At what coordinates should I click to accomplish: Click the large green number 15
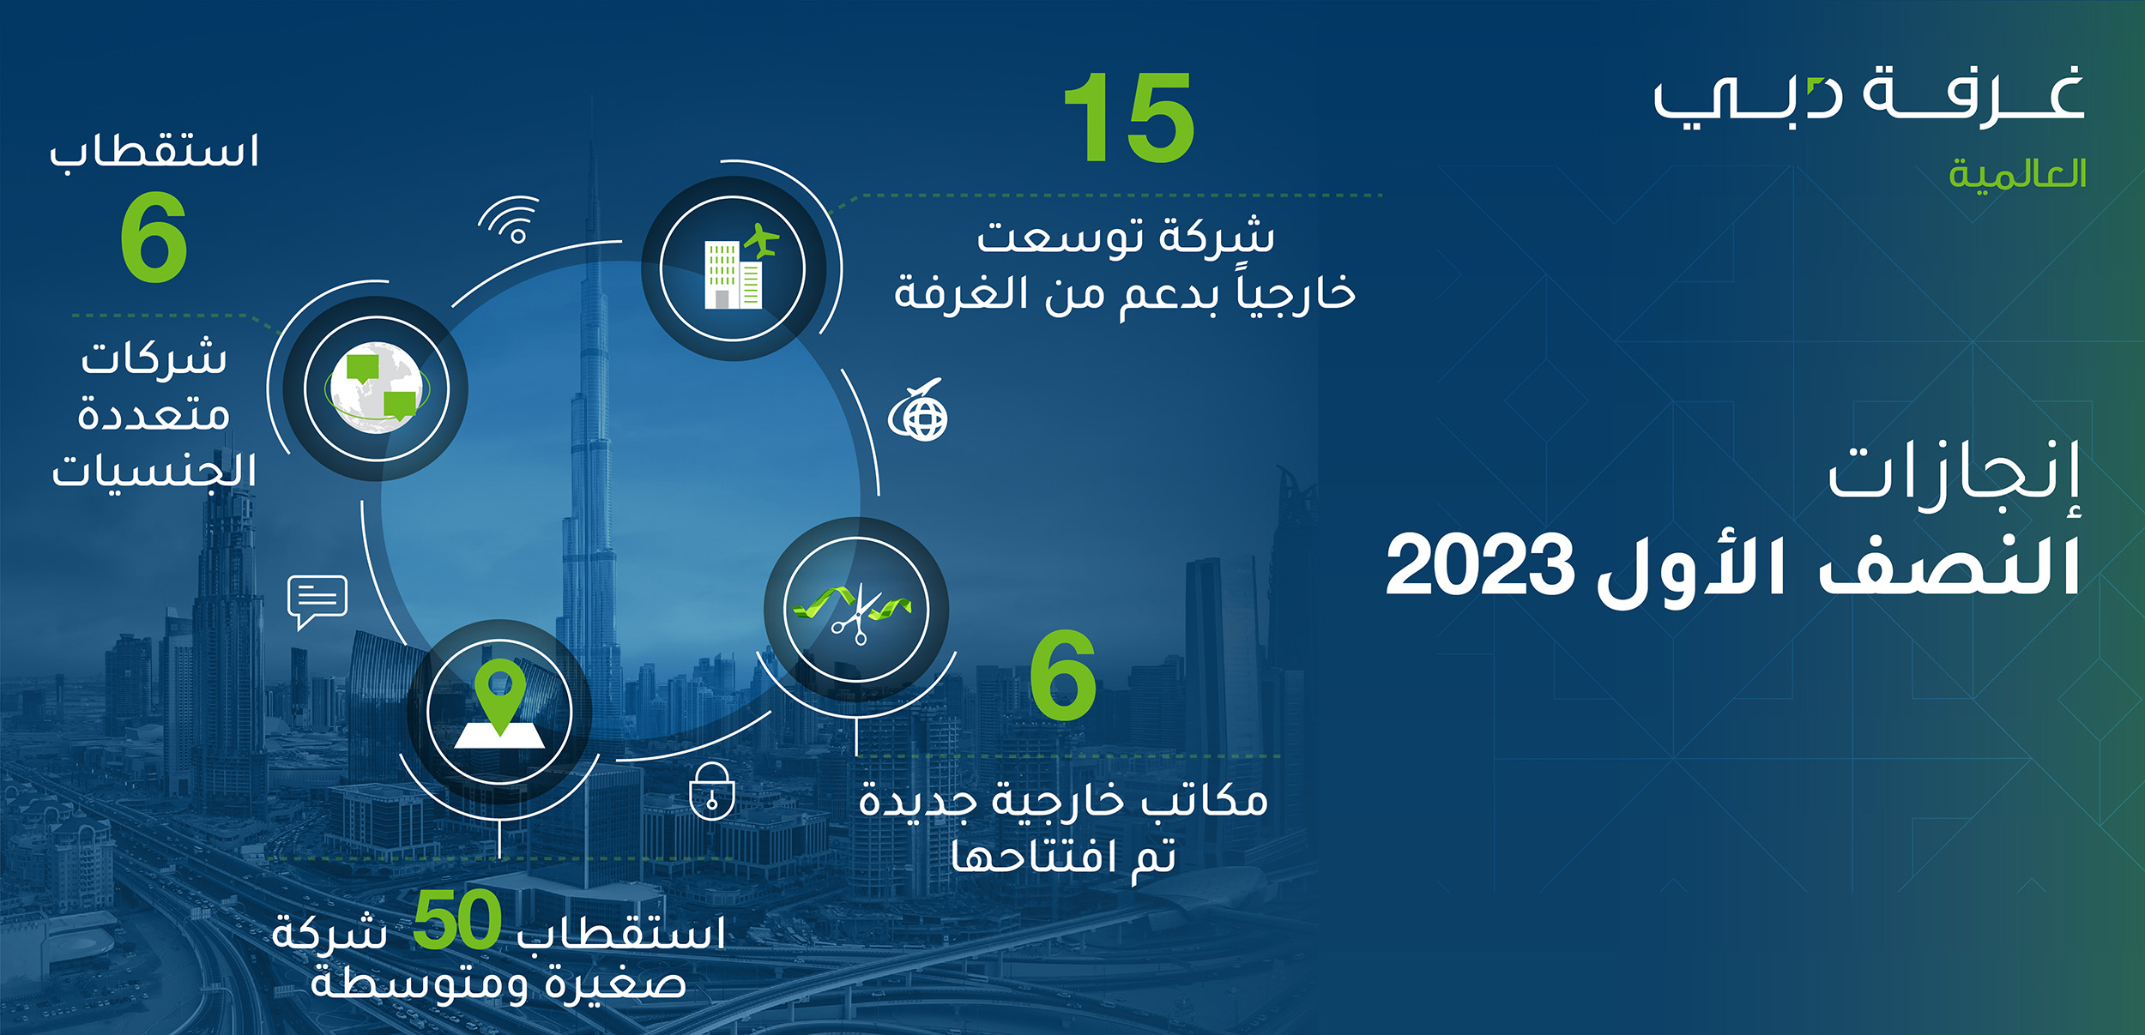pos(1129,117)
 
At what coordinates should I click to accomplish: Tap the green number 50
pos(456,919)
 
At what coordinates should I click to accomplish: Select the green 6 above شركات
pos(154,237)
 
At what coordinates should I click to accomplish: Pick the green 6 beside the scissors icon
pos(1063,675)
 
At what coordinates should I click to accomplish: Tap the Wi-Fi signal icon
pos(511,220)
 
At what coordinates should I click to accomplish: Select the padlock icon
pos(712,791)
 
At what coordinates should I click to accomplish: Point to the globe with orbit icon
pos(919,410)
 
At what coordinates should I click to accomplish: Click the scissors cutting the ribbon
pos(853,612)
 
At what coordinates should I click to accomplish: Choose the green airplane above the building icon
pos(761,240)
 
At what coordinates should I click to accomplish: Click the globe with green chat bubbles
pos(377,388)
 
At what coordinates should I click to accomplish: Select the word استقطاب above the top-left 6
pos(154,152)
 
